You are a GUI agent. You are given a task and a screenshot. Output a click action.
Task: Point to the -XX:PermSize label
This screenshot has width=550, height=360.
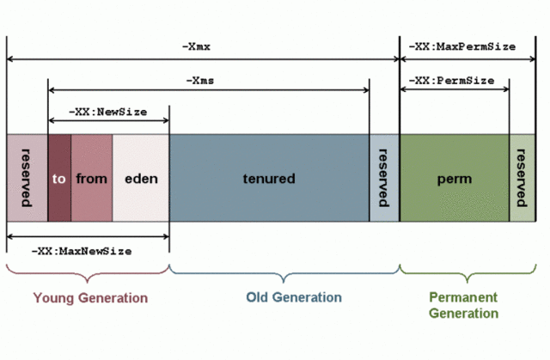[x=451, y=80]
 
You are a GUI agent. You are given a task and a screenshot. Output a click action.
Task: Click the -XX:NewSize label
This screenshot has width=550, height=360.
[x=108, y=113]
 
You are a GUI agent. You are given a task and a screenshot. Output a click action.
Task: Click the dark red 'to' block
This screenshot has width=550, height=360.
[x=59, y=179]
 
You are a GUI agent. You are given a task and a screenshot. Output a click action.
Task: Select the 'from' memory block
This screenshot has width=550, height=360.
[x=91, y=179]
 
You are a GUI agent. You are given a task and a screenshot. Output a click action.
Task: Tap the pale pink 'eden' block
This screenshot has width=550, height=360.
[x=141, y=179]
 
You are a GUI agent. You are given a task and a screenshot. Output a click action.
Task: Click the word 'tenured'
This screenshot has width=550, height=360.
[x=268, y=179]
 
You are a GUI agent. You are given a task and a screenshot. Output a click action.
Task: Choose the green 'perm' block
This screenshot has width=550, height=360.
[x=454, y=179]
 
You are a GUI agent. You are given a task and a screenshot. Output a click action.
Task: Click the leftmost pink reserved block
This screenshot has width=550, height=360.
[x=27, y=179]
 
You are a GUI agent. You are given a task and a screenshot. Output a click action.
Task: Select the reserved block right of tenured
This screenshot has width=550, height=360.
[x=383, y=179]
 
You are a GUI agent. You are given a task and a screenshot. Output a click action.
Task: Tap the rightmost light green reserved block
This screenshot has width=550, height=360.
[x=521, y=179]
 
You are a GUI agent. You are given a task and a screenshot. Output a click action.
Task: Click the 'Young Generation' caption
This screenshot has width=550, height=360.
[x=90, y=298]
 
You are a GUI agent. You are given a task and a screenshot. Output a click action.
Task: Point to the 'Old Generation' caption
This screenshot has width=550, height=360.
[x=293, y=298]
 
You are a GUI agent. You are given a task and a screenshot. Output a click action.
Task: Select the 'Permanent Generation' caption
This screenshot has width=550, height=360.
[x=463, y=305]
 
